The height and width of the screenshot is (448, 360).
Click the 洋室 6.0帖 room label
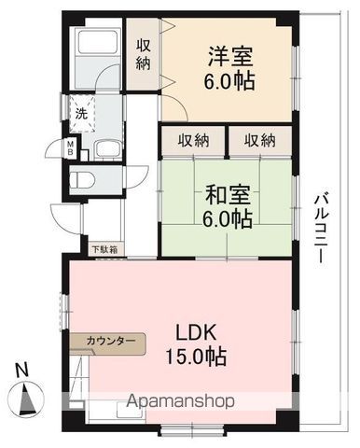228,66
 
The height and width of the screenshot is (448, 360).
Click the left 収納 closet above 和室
194,140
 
